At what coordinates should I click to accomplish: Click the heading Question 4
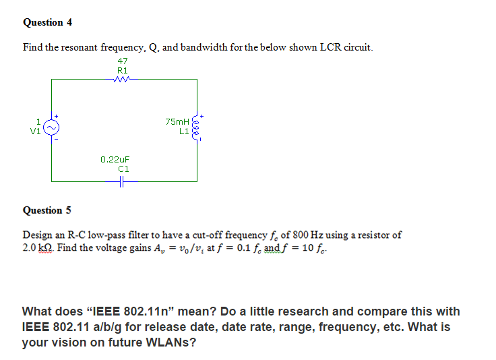pyautogui.click(x=47, y=22)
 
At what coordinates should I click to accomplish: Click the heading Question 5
pyautogui.click(x=47, y=210)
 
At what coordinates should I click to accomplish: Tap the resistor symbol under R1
pyautogui.click(x=122, y=79)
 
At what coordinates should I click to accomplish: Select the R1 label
pyautogui.click(x=122, y=69)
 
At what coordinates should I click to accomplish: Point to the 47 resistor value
pyautogui.click(x=122, y=61)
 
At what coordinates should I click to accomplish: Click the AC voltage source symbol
pyautogui.click(x=52, y=127)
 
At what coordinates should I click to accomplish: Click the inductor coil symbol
pyautogui.click(x=197, y=127)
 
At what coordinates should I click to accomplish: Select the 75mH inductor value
pyautogui.click(x=177, y=121)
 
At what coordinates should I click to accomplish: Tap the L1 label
pyautogui.click(x=183, y=131)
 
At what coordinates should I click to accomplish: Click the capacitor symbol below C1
pyautogui.click(x=123, y=181)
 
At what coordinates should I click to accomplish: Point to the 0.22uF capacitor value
pyautogui.click(x=115, y=160)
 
